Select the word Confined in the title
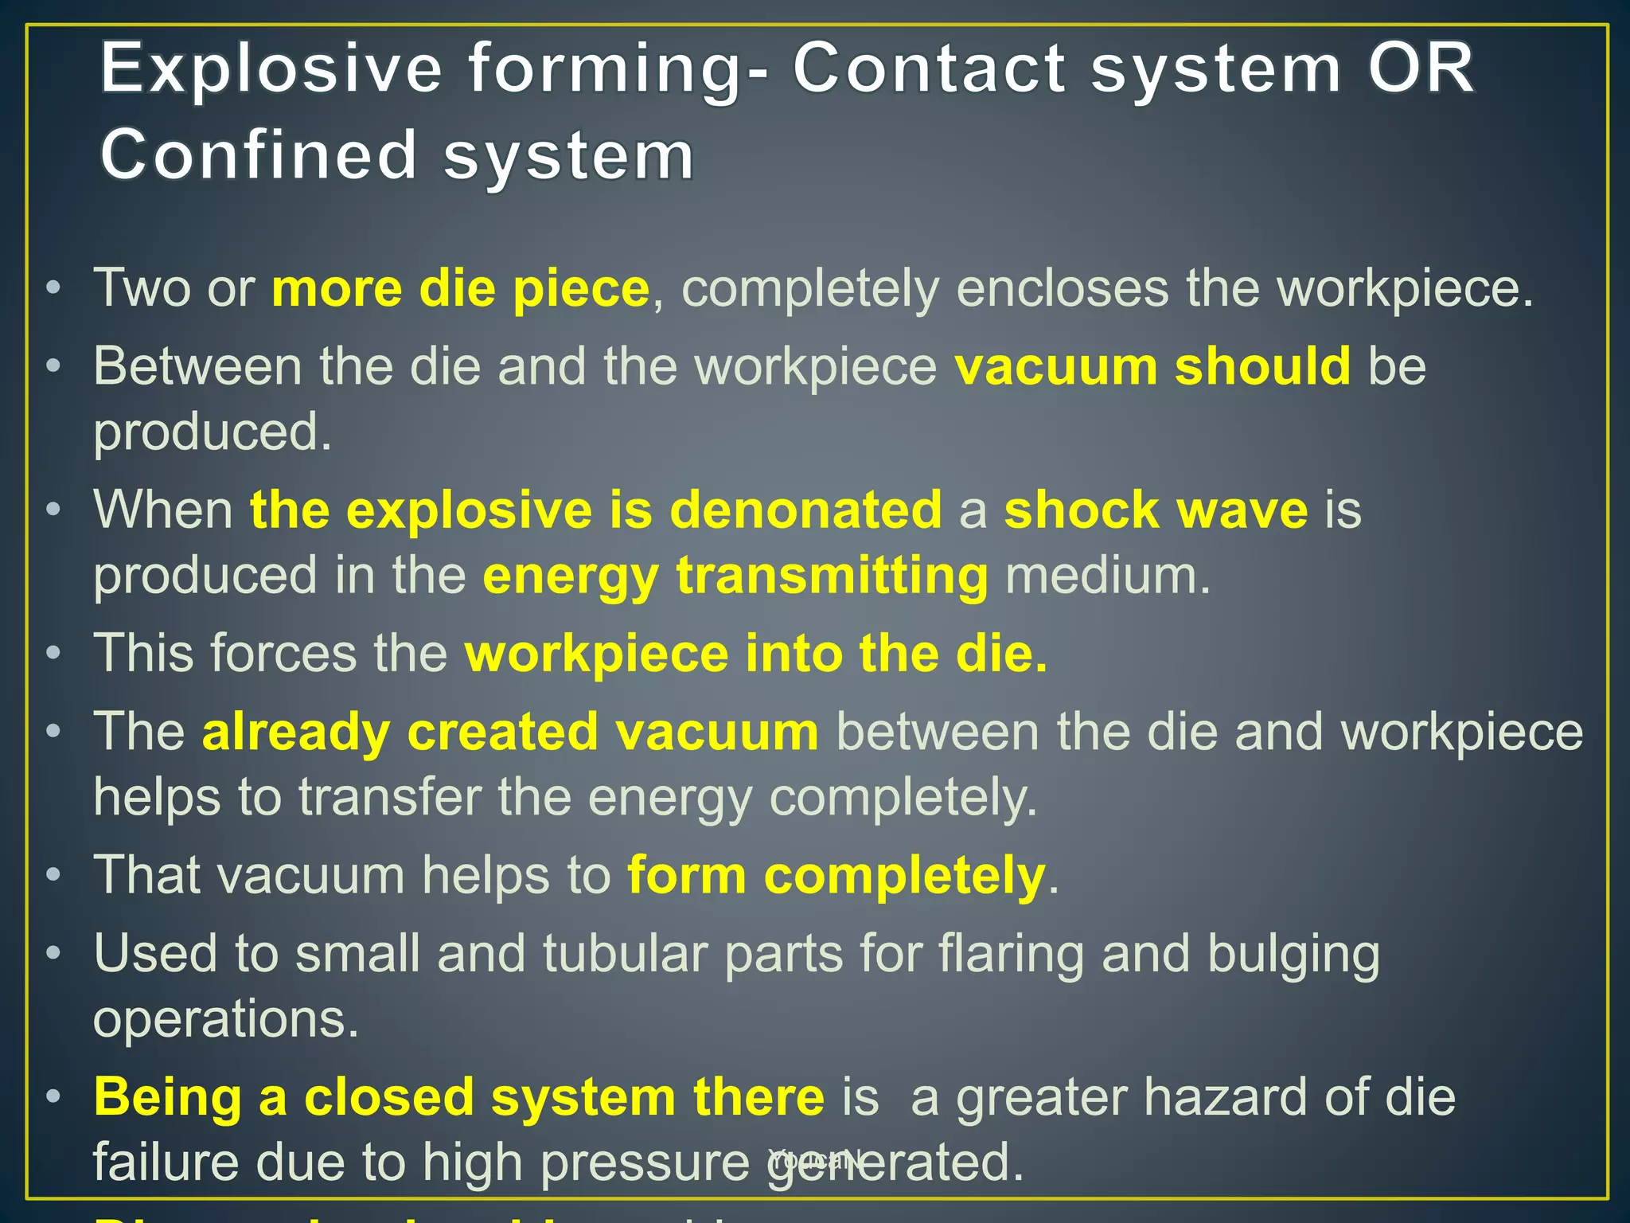point(259,154)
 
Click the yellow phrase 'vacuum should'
point(1152,366)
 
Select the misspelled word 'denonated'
point(805,510)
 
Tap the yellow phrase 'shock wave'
point(1156,510)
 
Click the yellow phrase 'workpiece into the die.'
point(756,654)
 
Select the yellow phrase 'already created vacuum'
point(510,732)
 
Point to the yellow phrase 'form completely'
point(836,875)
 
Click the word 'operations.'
point(226,1018)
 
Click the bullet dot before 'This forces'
point(53,654)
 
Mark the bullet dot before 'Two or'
point(53,288)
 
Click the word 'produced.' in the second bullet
point(212,432)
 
